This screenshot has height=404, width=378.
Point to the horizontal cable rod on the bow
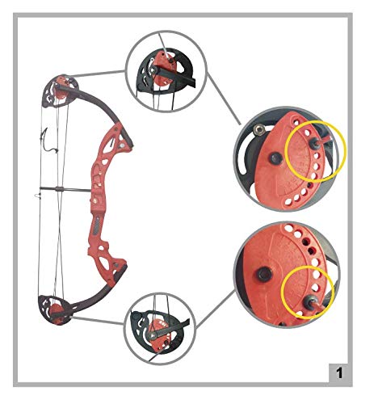click(x=65, y=190)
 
